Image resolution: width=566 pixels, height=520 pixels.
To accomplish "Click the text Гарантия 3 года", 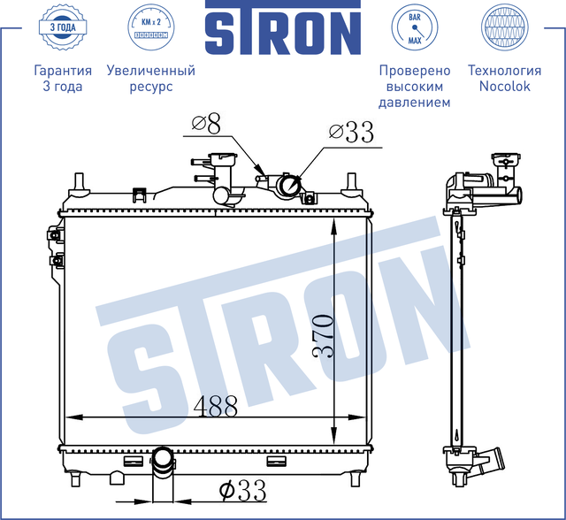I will [x=62, y=79].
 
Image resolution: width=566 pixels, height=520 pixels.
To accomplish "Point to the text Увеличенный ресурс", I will [x=150, y=79].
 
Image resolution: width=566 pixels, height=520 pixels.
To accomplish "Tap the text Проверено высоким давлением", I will [x=414, y=87].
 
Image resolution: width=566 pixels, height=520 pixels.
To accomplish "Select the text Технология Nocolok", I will [x=503, y=79].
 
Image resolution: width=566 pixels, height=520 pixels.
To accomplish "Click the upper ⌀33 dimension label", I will [x=350, y=133].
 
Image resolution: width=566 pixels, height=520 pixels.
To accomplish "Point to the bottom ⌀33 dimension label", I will [x=241, y=488].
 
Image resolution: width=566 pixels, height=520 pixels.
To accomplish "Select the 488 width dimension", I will [x=216, y=406].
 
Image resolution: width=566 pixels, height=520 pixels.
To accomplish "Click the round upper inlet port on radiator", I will [x=289, y=187].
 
